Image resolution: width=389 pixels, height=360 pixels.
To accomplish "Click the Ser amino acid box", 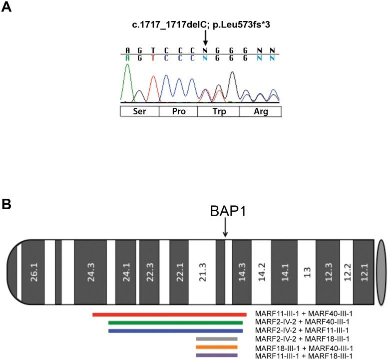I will [x=139, y=111].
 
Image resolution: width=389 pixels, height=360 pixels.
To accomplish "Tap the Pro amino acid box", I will [x=178, y=111].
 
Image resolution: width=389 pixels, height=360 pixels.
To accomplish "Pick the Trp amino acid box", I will [x=218, y=111].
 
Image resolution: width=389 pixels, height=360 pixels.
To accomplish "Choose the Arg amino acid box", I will [x=260, y=111].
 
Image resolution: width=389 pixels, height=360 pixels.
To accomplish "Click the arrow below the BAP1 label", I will [x=225, y=230].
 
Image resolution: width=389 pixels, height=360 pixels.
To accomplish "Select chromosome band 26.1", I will [x=34, y=272].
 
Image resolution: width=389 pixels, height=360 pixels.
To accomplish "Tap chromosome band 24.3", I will [x=91, y=272].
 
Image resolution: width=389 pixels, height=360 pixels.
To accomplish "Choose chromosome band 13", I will [x=307, y=272].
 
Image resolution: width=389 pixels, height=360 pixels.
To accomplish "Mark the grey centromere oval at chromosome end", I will [x=381, y=272].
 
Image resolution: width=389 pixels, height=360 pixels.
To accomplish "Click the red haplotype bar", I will [x=169, y=314].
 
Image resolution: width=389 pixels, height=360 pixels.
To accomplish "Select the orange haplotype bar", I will [x=217, y=347].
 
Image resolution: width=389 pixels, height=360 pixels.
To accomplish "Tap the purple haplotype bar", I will [x=217, y=355].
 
